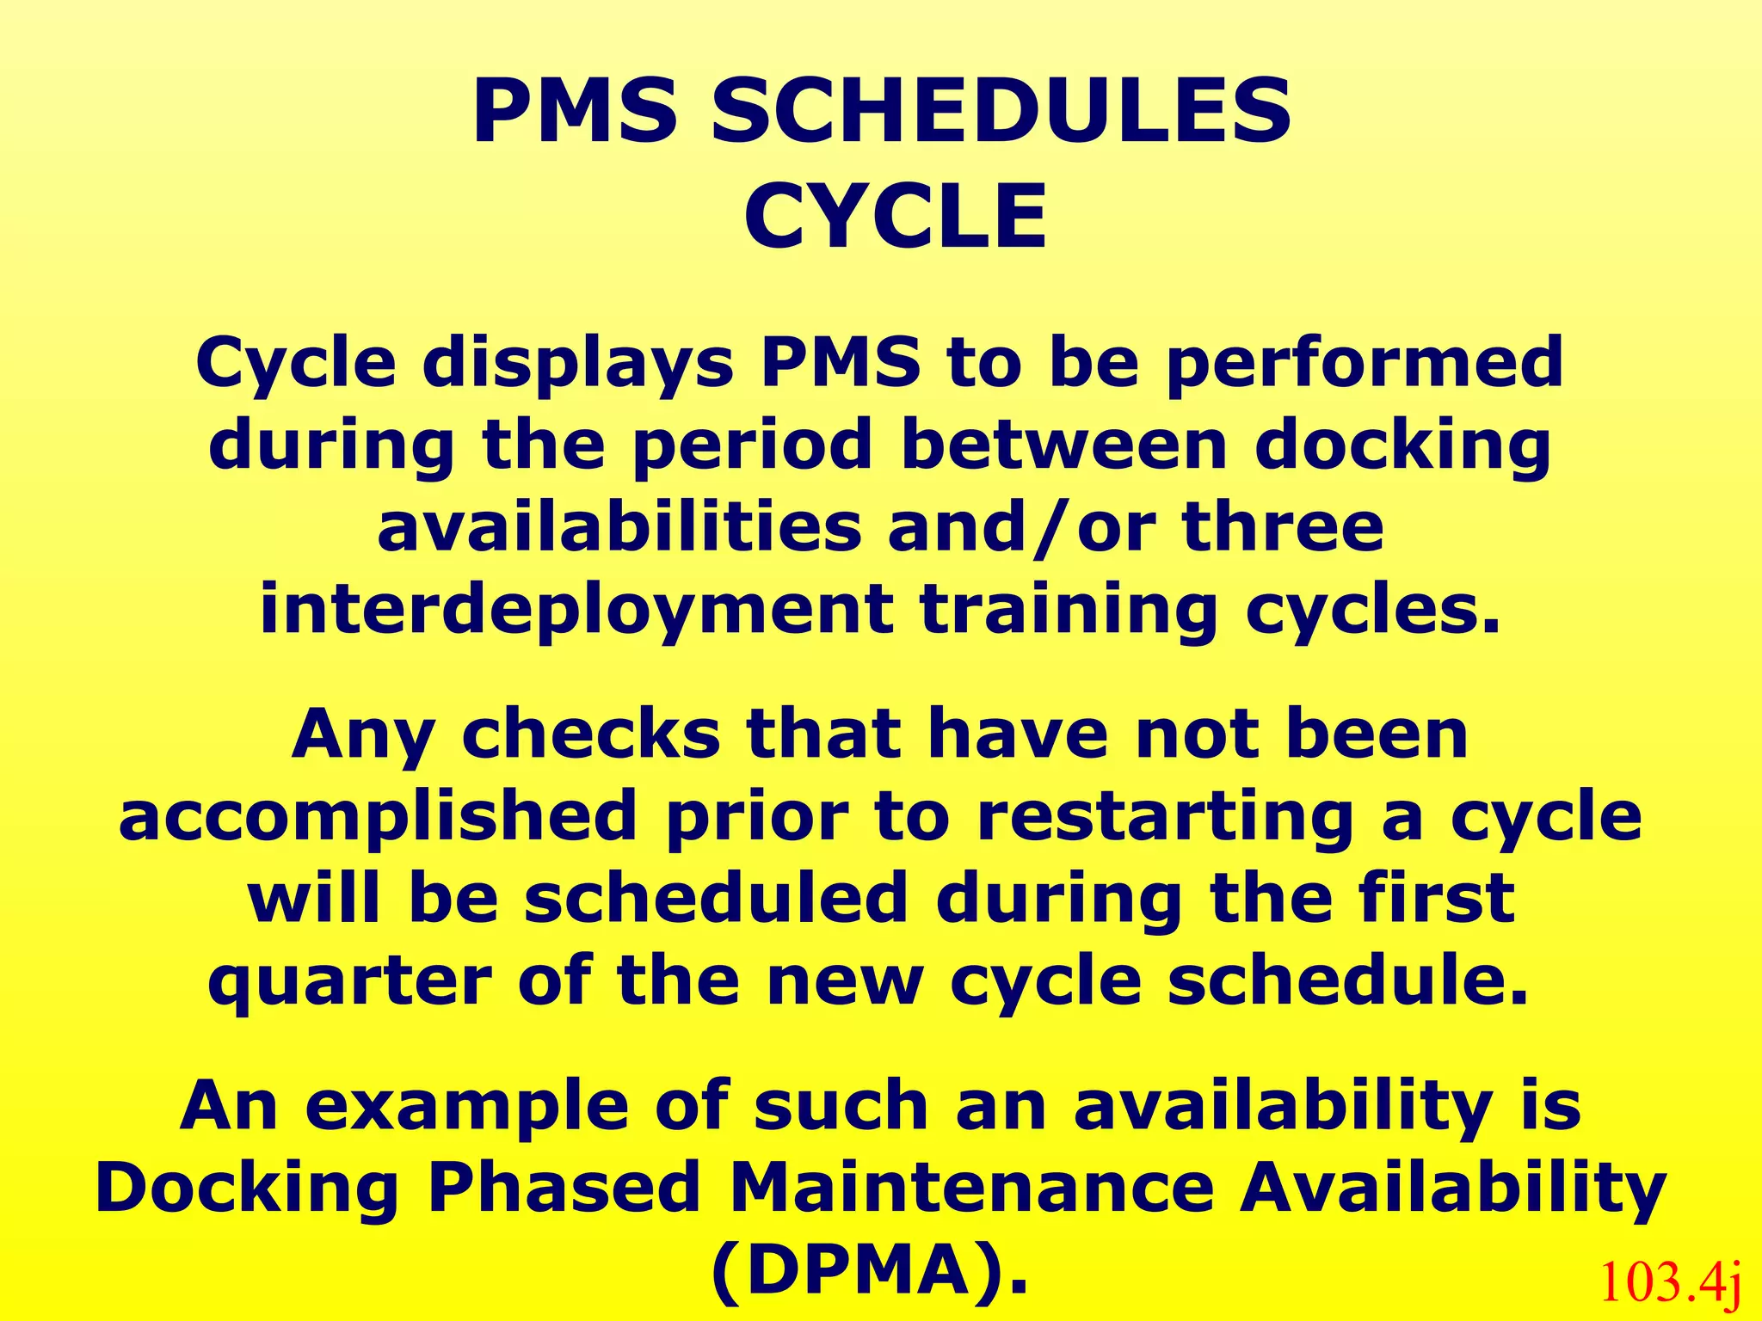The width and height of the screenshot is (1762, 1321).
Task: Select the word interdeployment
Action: [x=576, y=610]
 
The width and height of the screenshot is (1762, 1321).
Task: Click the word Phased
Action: [x=564, y=1188]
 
